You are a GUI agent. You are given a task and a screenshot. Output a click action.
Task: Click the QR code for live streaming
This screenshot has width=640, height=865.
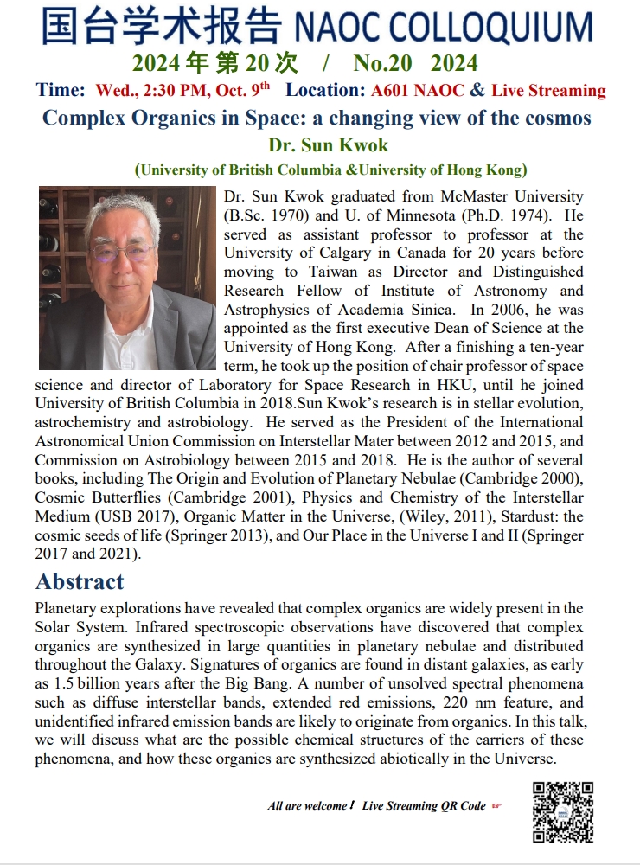coord(562,811)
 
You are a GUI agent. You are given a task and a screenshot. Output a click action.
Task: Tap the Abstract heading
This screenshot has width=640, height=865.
coord(80,581)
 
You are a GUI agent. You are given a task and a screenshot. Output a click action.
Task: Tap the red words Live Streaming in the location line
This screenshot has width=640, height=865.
coord(548,91)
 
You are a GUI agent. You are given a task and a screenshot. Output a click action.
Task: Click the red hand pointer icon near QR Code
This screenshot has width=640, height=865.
coord(496,806)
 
